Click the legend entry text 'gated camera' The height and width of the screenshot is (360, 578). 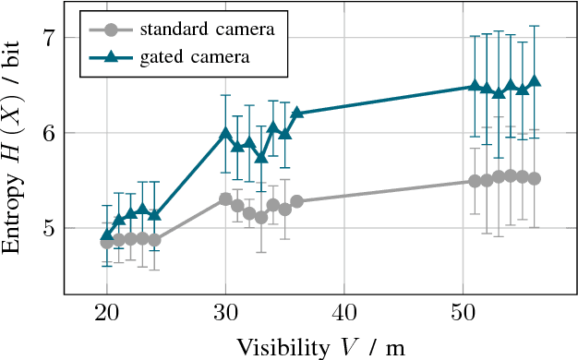(195, 57)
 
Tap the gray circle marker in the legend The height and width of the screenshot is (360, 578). (111, 29)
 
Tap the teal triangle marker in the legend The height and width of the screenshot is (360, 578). (111, 57)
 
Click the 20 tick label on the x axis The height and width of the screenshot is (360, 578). (107, 313)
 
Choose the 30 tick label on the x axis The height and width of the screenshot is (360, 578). (225, 313)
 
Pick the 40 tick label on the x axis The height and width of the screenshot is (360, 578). (344, 313)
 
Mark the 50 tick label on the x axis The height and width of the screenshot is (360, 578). (463, 313)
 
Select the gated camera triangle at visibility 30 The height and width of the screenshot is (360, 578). (225, 134)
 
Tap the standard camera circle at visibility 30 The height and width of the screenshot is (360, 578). (225, 198)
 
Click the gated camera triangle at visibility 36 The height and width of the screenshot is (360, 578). (296, 113)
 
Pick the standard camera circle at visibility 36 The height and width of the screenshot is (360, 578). (296, 201)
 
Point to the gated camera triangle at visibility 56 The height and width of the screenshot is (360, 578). (534, 81)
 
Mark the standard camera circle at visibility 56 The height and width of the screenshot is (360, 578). (534, 178)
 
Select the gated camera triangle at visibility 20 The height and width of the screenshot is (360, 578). (107, 236)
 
